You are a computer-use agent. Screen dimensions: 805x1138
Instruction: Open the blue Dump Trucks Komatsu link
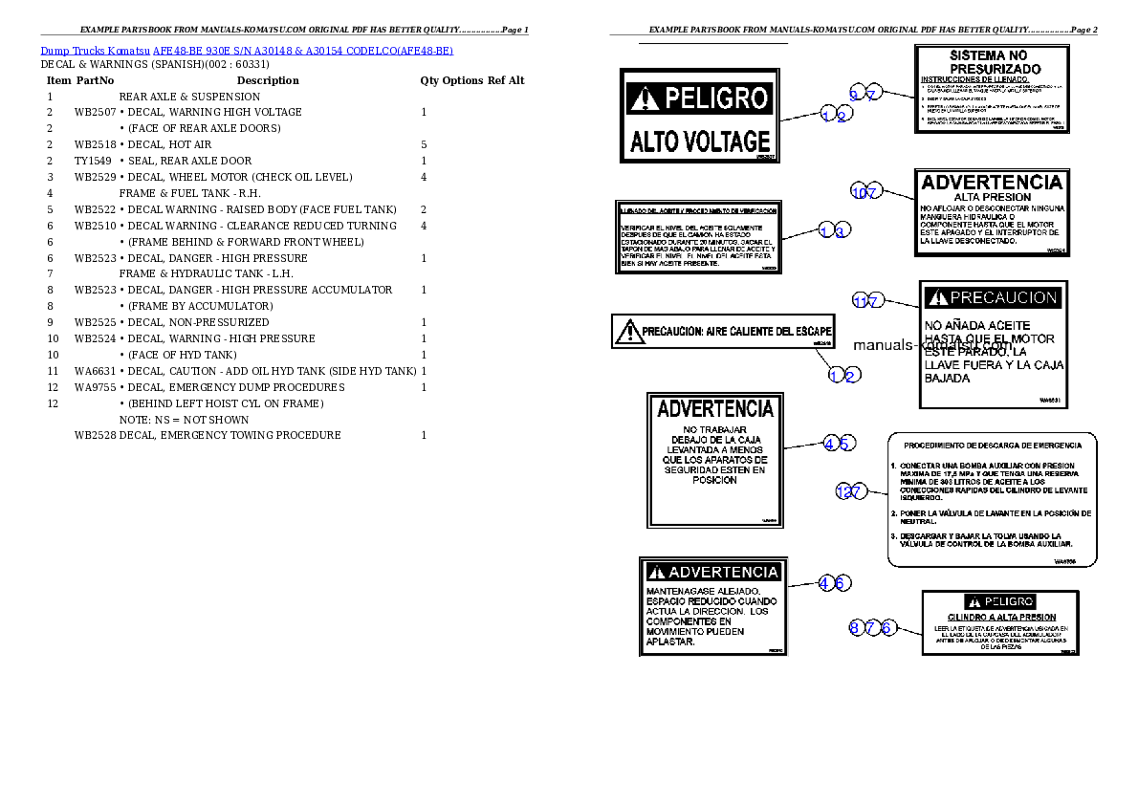coord(246,50)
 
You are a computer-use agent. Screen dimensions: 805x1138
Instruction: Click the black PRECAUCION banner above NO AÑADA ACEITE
coord(994,298)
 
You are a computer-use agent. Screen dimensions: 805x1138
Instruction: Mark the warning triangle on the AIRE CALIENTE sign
coord(629,333)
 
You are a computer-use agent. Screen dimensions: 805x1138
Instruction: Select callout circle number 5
coord(845,443)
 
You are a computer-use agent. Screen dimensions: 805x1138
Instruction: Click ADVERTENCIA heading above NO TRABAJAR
coord(715,409)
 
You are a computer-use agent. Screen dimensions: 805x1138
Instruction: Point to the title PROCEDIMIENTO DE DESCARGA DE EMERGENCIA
coord(993,446)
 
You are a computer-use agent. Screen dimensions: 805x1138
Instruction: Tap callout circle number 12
coord(843,491)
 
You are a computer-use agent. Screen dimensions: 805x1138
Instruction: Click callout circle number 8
coord(856,628)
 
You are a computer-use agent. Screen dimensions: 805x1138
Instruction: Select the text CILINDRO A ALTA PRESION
coord(1001,618)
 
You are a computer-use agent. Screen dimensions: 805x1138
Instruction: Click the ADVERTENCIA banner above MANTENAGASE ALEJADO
coord(713,573)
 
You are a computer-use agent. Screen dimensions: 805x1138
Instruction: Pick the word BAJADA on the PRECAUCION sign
coord(947,379)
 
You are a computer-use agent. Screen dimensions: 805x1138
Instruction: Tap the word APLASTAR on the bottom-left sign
coord(670,642)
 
